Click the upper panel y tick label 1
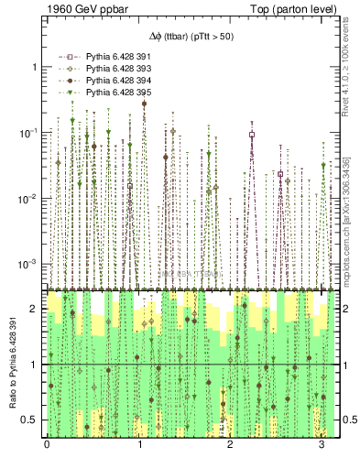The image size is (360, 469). pos(35,68)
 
